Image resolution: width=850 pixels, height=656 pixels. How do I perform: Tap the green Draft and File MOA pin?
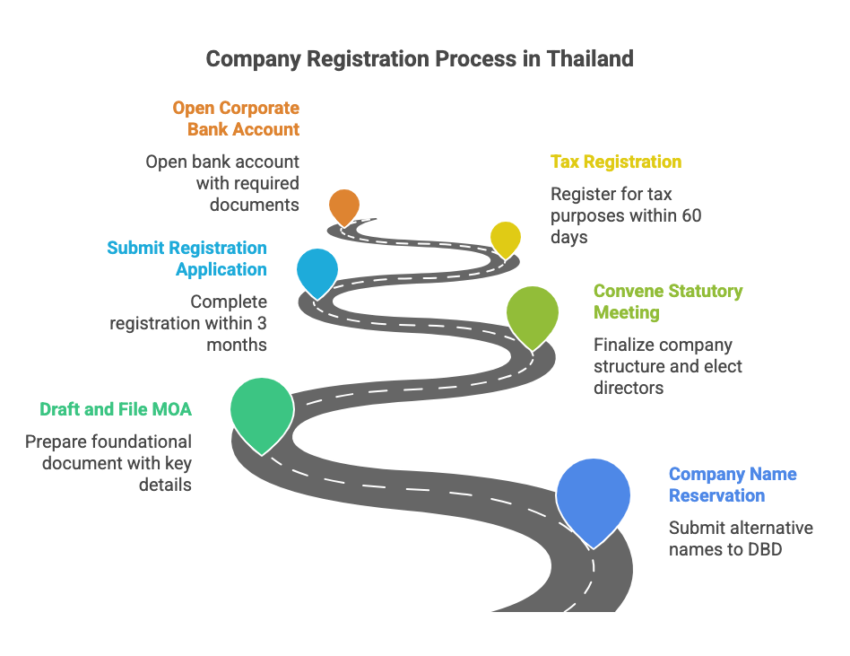pos(262,410)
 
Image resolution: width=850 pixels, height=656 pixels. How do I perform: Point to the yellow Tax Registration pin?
pos(506,238)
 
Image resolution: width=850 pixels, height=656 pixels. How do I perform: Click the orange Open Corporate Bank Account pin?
pos(343,206)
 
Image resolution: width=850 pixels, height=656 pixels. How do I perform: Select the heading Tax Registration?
pos(615,162)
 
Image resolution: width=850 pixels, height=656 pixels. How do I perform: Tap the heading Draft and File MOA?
pos(116,409)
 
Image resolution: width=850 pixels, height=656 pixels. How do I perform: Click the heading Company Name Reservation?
pos(733,485)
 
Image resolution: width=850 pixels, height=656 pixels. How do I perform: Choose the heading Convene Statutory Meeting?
pos(668,302)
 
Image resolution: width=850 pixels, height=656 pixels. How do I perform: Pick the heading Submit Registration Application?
pos(186,258)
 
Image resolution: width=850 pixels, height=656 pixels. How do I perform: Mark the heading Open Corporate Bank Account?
pos(236,118)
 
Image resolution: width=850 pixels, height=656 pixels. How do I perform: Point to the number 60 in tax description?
pos(691,215)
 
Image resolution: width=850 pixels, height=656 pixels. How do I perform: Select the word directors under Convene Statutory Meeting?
pos(629,388)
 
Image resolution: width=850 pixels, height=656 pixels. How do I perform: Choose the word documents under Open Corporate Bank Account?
pos(254,205)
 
